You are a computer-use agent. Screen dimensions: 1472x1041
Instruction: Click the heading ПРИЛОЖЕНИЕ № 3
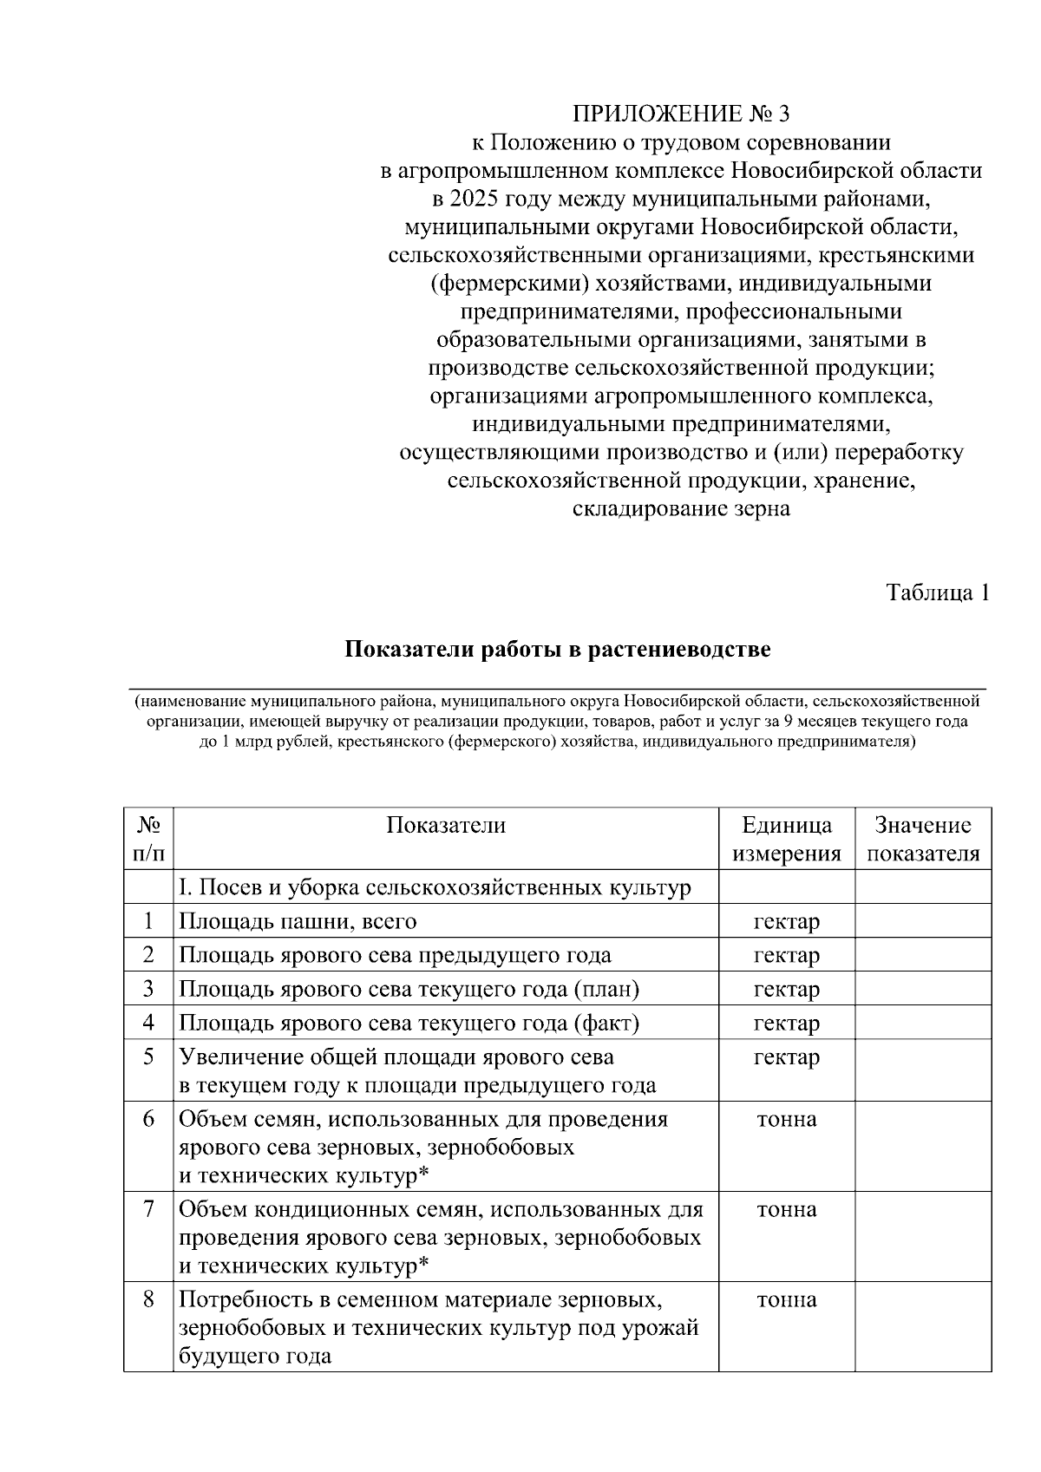[681, 114]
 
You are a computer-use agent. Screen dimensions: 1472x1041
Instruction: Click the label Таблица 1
[937, 592]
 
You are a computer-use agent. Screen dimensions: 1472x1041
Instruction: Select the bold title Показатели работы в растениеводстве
[558, 650]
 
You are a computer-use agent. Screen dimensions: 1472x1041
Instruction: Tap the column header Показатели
[446, 825]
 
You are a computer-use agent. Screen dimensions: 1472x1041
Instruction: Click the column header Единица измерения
[786, 839]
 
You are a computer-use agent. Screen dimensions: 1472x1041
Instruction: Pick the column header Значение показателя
[923, 839]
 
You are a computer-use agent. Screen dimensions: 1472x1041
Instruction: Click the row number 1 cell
[148, 921]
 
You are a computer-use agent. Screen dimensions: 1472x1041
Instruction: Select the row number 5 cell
[148, 1057]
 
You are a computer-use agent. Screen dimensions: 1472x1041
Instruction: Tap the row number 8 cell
[148, 1299]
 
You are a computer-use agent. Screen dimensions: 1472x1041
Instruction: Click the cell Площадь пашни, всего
[298, 921]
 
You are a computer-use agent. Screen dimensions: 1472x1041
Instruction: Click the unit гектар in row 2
[786, 955]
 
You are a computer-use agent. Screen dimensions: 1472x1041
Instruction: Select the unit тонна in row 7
[786, 1209]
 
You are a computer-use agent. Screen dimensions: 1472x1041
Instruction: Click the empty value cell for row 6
[923, 1146]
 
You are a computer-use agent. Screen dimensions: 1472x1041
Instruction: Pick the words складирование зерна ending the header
[681, 508]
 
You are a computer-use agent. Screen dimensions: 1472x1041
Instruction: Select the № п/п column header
[148, 839]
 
